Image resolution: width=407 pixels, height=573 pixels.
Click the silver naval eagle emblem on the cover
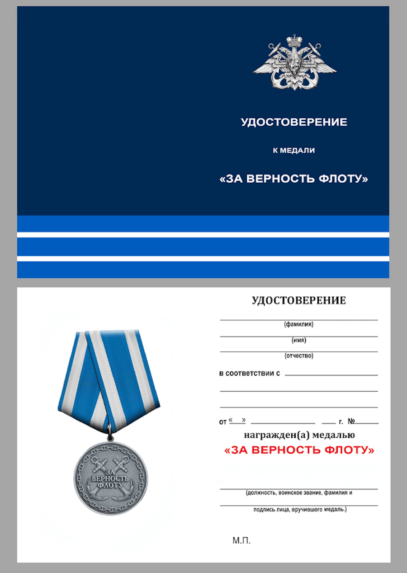[294, 63]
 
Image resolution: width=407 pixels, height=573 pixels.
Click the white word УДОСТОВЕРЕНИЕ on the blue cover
[294, 122]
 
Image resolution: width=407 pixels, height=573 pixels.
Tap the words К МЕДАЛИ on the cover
[294, 151]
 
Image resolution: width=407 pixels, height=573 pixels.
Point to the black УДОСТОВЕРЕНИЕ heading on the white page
[298, 301]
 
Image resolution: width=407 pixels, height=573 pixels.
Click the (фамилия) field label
[299, 324]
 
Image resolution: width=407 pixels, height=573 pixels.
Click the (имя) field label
[299, 340]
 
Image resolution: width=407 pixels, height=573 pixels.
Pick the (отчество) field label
[299, 355]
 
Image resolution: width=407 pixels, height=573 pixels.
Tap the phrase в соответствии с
[250, 374]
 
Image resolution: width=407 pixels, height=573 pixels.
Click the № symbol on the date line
[351, 421]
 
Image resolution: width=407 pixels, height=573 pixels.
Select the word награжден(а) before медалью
[270, 436]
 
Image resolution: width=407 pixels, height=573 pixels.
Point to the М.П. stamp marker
[241, 540]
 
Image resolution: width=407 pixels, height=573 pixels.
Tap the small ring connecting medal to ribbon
[109, 438]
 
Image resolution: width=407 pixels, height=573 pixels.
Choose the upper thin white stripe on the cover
[203, 235]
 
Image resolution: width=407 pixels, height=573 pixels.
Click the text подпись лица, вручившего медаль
[299, 510]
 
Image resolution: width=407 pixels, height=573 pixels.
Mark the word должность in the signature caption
[260, 493]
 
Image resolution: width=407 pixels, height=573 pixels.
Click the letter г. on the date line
[341, 422]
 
